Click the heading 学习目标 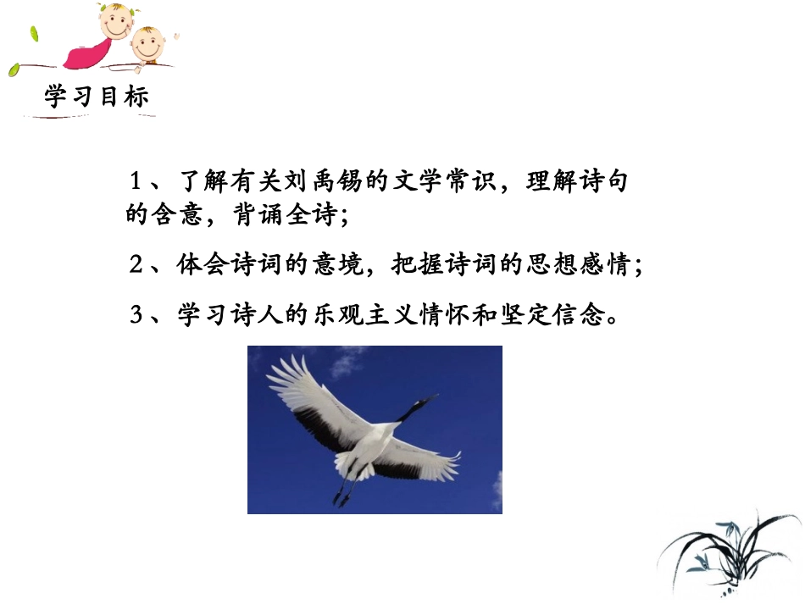[x=97, y=97]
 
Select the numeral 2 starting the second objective [x=136, y=265]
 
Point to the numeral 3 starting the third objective [x=136, y=316]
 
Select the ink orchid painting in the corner [x=729, y=551]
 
